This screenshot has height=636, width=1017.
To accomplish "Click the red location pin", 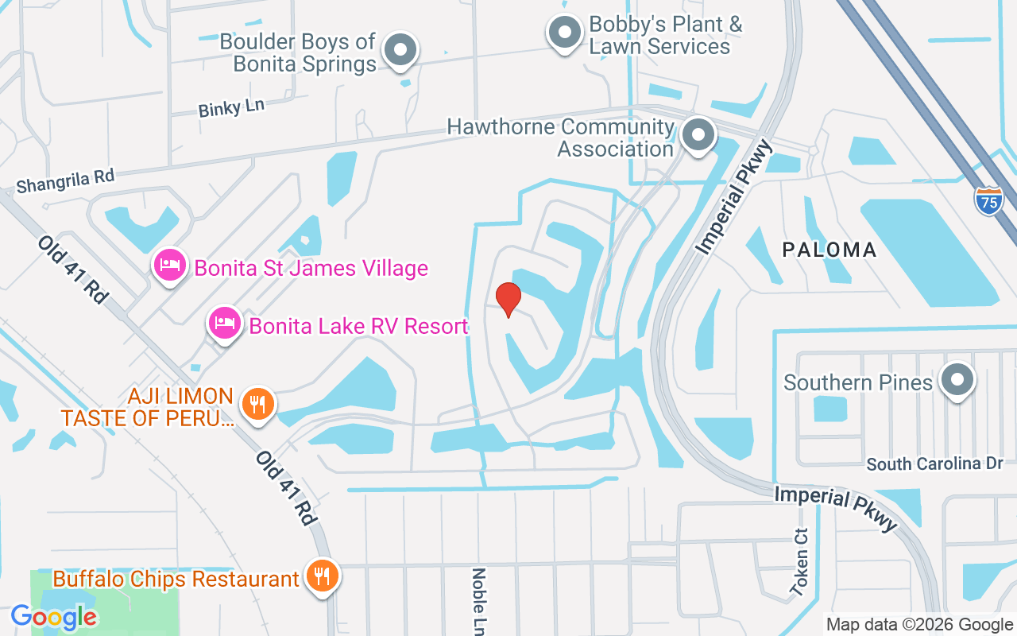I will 508,299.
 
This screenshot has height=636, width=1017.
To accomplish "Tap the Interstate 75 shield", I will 988,200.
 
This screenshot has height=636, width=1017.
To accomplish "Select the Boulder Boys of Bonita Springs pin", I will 400,51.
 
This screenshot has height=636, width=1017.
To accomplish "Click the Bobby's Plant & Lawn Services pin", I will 565,33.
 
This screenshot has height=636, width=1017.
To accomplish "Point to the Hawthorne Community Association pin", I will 698,135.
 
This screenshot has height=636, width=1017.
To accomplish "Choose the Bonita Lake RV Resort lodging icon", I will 225,324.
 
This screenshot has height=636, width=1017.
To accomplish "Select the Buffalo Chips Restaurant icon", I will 322,576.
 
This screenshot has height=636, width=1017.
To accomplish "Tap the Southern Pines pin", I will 957,381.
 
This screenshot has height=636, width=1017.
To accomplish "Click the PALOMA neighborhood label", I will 829,250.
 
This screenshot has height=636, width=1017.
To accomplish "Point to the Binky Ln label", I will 231,107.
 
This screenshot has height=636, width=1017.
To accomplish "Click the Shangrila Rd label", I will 65,181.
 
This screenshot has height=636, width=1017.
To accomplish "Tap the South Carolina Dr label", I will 935,463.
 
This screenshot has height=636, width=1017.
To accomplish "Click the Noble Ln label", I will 479,600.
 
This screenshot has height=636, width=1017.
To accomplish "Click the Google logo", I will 54,616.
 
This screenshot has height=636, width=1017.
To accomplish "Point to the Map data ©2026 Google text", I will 919,625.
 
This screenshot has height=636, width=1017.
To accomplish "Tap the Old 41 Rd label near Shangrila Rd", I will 72,268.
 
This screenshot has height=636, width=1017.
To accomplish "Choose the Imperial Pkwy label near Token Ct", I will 836,508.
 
